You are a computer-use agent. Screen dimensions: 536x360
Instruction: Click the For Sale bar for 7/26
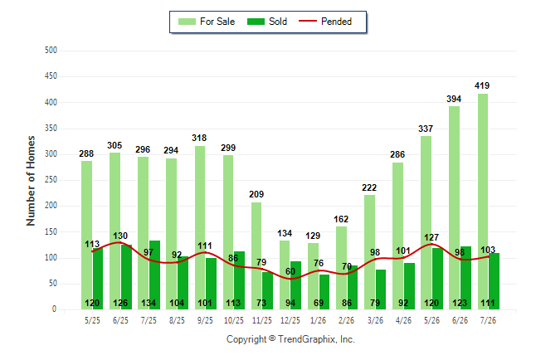click(x=483, y=202)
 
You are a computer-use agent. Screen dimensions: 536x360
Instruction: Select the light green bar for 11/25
click(x=256, y=256)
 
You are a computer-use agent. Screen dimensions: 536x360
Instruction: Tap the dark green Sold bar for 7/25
click(x=154, y=275)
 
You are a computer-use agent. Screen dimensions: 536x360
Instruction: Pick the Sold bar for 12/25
click(x=295, y=285)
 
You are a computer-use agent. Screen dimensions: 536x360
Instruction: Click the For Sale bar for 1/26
click(x=313, y=276)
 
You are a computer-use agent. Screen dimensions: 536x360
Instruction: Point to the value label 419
click(x=482, y=85)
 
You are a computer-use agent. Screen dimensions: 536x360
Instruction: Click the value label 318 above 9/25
click(x=199, y=138)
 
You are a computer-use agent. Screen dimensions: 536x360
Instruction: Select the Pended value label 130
click(x=120, y=236)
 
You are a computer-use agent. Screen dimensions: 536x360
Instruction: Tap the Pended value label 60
click(x=290, y=271)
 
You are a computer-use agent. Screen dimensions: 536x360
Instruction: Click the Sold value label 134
click(x=149, y=303)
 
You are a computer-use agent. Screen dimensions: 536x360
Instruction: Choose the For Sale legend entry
click(x=207, y=22)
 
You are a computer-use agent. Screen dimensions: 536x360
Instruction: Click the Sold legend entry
click(x=267, y=22)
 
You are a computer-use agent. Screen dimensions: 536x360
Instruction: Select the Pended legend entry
click(x=325, y=22)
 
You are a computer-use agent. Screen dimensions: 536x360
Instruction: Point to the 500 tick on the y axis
click(x=51, y=51)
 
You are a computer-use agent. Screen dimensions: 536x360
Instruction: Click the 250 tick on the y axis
click(x=51, y=180)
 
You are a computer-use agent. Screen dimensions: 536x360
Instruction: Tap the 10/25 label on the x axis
click(x=234, y=321)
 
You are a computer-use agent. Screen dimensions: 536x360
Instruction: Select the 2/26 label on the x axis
click(x=346, y=321)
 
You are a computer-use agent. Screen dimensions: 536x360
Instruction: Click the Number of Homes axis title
click(x=31, y=181)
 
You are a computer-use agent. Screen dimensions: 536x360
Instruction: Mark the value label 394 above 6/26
click(x=454, y=100)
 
